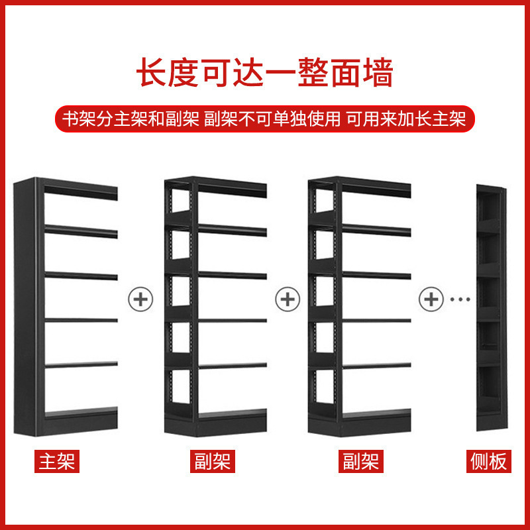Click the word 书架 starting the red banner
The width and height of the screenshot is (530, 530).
point(76,119)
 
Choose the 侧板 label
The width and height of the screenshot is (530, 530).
point(490,461)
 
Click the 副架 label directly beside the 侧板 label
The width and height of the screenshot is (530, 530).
point(361,461)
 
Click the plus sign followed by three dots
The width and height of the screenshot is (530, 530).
point(431,299)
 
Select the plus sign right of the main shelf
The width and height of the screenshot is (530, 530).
point(140,299)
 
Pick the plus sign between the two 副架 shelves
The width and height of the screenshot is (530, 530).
point(288,299)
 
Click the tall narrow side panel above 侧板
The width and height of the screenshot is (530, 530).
point(490,308)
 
